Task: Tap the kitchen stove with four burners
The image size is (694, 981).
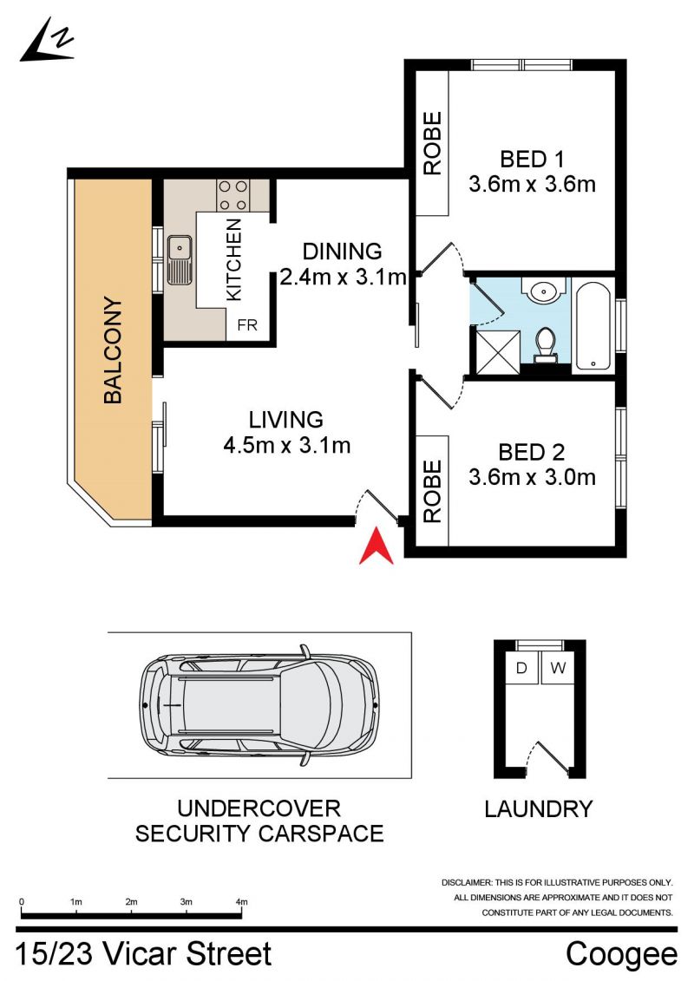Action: point(232,194)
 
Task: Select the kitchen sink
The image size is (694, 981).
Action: point(180,259)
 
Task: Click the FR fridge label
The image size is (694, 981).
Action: point(247,325)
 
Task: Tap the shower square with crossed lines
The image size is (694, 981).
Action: point(497,351)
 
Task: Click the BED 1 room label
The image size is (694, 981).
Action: point(532,160)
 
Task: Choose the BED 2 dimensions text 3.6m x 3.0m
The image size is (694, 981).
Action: point(532,477)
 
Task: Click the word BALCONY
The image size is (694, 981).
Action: point(113,350)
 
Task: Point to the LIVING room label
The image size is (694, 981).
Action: point(286,419)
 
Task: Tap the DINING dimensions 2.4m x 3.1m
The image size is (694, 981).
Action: point(343,277)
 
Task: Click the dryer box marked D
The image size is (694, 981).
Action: point(521,668)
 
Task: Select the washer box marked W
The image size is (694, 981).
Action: point(558,668)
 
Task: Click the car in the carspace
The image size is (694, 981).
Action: point(259,706)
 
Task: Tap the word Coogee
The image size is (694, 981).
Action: point(621,955)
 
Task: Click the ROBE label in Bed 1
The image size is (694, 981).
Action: point(432,143)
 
